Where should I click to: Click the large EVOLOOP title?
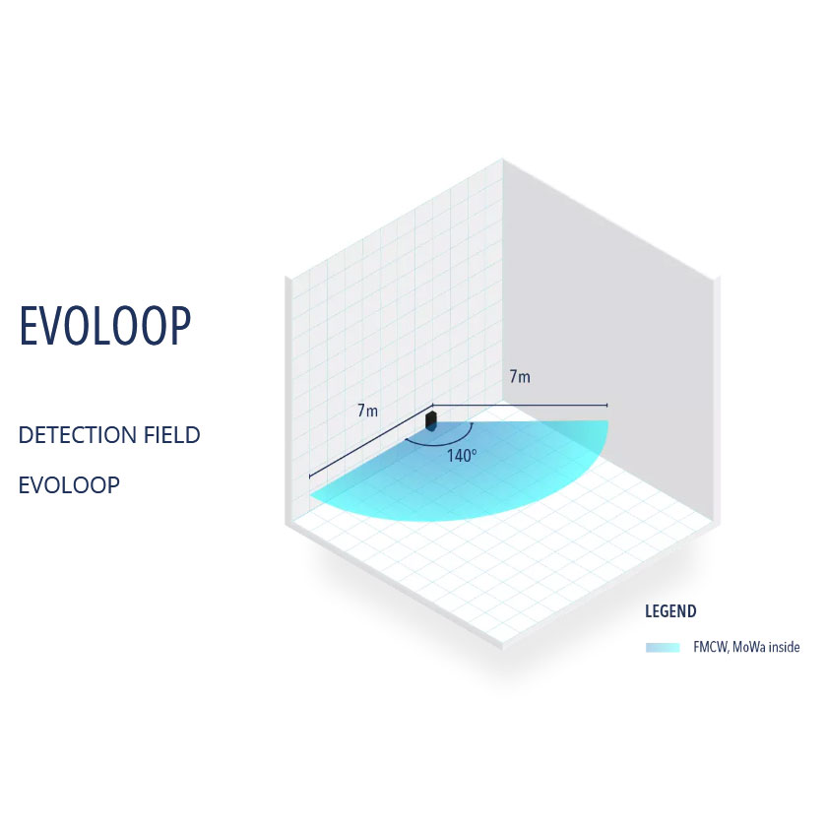105,326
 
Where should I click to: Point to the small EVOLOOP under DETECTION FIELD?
69,485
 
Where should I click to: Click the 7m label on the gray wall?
520,376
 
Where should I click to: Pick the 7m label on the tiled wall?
367,410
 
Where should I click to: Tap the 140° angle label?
462,455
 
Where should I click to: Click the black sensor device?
431,420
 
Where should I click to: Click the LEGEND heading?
670,611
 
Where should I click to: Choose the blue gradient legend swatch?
663,647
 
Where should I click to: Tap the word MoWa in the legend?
749,647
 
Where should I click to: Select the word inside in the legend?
785,647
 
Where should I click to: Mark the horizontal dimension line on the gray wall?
520,405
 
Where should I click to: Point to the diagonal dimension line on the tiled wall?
371,441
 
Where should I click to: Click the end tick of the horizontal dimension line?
607,405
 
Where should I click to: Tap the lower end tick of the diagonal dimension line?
309,476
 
